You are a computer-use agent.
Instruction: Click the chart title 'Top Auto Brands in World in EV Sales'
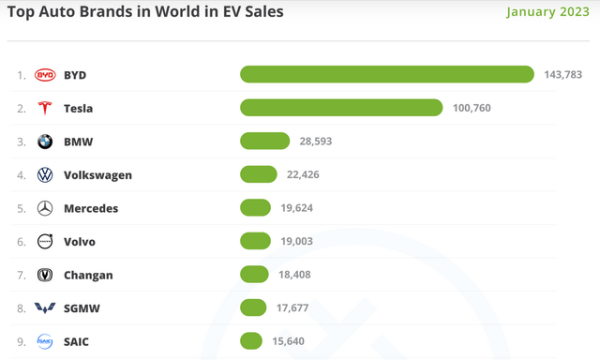point(145,13)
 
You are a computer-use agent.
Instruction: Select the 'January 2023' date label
point(548,13)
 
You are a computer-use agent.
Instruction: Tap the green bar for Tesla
point(341,108)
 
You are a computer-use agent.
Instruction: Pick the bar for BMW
point(264,142)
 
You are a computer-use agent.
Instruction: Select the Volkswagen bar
point(259,174)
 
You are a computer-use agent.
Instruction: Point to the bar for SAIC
point(250,341)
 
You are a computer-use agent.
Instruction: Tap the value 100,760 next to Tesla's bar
point(471,108)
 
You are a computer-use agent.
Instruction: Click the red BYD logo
point(45,74)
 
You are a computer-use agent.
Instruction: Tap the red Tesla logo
point(45,108)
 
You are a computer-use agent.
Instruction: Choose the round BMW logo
point(45,142)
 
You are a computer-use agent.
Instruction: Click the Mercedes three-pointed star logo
point(45,208)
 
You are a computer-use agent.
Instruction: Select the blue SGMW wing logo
point(45,308)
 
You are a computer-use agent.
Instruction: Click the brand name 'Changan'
point(88,275)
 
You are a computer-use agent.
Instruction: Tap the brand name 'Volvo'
point(80,242)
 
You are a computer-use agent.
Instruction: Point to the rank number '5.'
point(21,208)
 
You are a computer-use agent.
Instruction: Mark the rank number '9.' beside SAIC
point(21,341)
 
